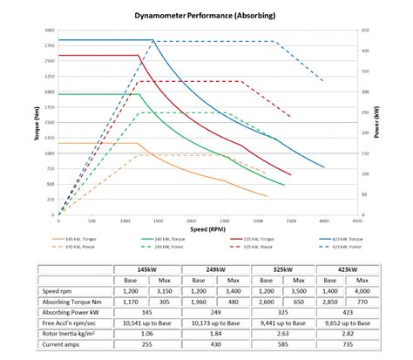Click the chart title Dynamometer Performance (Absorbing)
tap(206, 15)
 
